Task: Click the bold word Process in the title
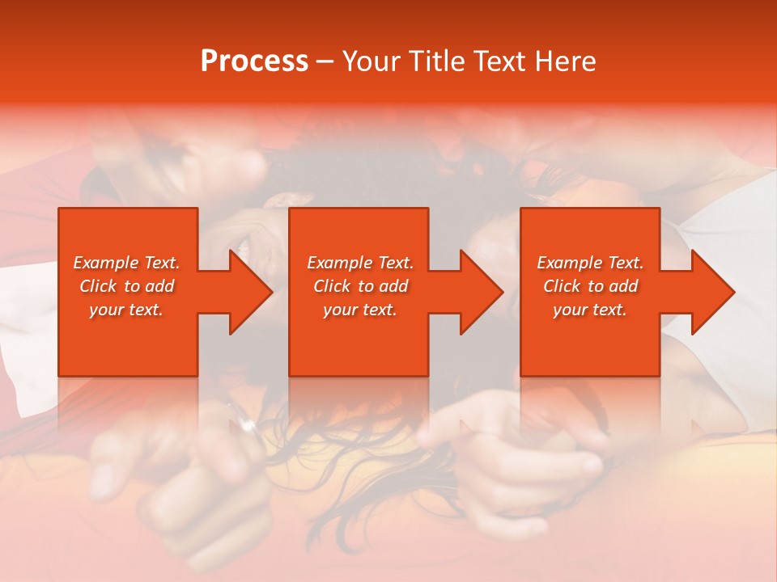click(x=254, y=61)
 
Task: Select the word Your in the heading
click(x=372, y=61)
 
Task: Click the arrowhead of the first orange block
click(x=251, y=292)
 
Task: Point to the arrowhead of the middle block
click(x=482, y=292)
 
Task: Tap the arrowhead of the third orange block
click(x=713, y=292)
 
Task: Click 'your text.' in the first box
click(x=126, y=310)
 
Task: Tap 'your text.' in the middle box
click(x=359, y=310)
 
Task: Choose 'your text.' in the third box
click(x=589, y=310)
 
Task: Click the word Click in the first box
click(x=98, y=286)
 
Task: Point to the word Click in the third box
click(x=562, y=286)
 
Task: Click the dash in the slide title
click(x=325, y=62)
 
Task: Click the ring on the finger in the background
click(x=248, y=424)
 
